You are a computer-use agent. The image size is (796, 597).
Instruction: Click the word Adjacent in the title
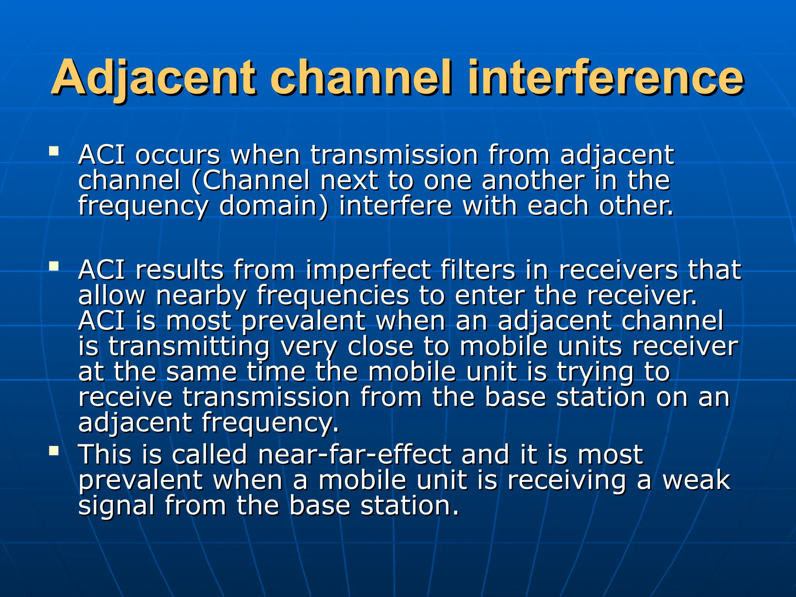(x=154, y=78)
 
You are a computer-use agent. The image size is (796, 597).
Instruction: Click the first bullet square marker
(x=54, y=150)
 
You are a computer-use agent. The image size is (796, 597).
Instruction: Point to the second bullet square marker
(x=54, y=266)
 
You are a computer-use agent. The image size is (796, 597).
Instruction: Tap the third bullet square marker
(x=54, y=450)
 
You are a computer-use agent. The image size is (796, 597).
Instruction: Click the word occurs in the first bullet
(x=178, y=155)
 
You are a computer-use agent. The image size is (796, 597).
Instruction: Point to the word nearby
(x=201, y=296)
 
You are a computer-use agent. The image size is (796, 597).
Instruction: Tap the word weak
(x=696, y=480)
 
